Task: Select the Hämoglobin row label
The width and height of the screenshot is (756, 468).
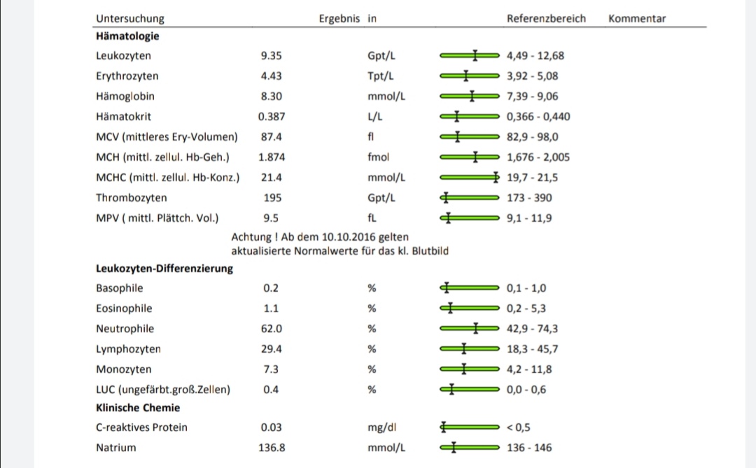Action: point(125,97)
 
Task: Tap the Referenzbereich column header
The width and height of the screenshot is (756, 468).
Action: point(546,19)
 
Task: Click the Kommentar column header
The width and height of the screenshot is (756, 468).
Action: point(637,19)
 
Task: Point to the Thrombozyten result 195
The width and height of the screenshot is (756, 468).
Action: point(272,198)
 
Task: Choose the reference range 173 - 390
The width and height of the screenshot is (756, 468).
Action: point(529,198)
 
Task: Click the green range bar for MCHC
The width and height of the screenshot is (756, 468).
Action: point(469,178)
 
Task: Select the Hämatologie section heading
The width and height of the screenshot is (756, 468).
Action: point(127,36)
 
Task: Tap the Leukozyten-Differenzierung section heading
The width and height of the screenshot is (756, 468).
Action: point(164,268)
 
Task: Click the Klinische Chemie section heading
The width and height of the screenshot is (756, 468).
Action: point(138,408)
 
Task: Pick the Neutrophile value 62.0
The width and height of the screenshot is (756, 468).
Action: point(272,329)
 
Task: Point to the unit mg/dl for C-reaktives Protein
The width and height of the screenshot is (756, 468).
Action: point(382,427)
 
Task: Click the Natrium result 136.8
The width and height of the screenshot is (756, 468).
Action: point(272,448)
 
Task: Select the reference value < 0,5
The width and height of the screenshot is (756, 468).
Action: point(519,427)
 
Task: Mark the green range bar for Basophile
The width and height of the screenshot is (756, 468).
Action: point(469,288)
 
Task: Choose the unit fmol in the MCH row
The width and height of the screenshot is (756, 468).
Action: point(379,157)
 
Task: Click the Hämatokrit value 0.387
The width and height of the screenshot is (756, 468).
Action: point(272,117)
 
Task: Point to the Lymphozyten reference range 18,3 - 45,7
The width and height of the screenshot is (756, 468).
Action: point(532,349)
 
